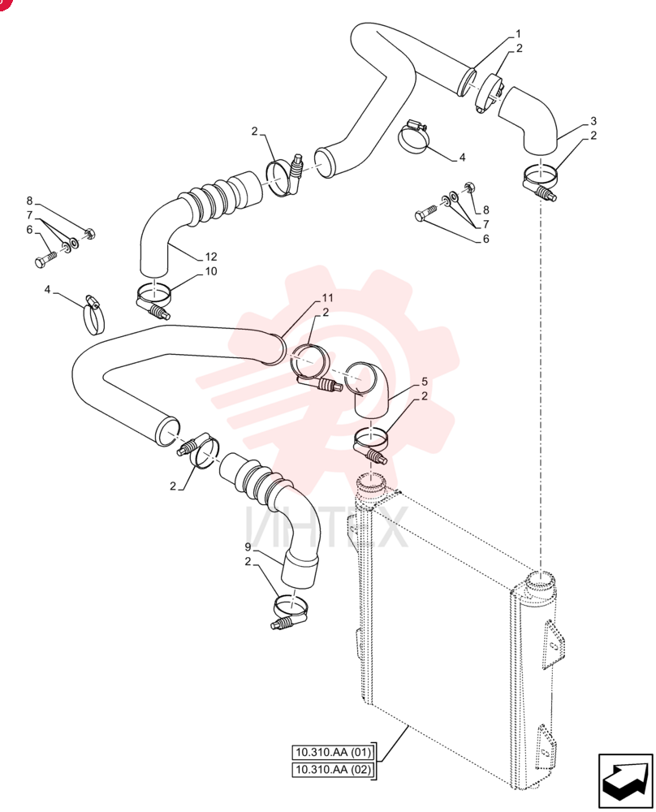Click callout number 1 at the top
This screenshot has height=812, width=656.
(x=518, y=34)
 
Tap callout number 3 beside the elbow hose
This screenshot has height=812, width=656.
(x=593, y=121)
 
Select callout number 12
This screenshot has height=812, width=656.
(x=211, y=257)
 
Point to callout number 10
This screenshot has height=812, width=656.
(x=211, y=271)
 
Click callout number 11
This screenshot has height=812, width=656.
(x=327, y=298)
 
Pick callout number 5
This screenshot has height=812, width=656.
(x=425, y=382)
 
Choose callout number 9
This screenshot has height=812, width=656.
(x=248, y=547)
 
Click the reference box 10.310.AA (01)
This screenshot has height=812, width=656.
(x=332, y=752)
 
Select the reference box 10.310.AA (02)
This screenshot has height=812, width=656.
(x=332, y=770)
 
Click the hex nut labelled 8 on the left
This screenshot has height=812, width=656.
(x=89, y=234)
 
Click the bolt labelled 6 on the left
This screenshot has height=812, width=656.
(x=45, y=260)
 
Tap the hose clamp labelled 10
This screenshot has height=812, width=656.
(x=153, y=300)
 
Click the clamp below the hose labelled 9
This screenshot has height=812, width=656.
(x=289, y=611)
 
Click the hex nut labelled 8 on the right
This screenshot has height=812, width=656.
(x=470, y=188)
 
